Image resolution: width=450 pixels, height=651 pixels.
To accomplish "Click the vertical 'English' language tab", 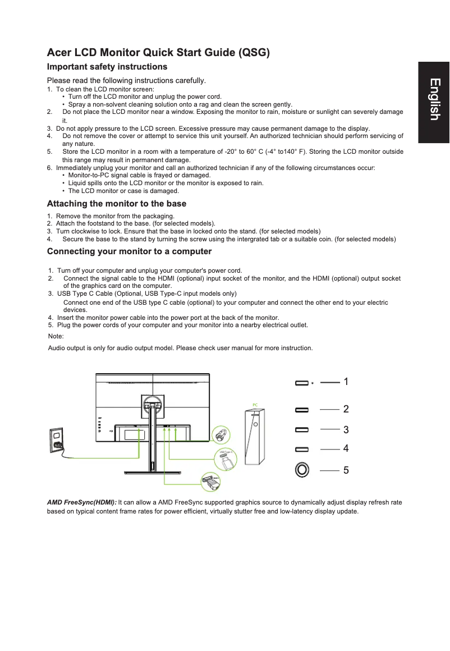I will tap(434, 99).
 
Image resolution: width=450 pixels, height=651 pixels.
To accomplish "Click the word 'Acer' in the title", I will tap(59, 53).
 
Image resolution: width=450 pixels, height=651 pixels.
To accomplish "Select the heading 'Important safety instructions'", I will tap(107, 67).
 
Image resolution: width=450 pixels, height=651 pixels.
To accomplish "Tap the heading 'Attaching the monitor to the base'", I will tap(117, 204).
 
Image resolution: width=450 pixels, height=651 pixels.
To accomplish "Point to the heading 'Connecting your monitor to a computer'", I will tap(129, 251).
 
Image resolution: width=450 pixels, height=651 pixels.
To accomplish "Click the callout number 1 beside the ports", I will tap(346, 382).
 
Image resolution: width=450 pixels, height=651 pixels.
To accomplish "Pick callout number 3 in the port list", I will tap(346, 430).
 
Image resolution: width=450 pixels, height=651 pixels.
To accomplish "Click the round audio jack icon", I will tap(302, 470).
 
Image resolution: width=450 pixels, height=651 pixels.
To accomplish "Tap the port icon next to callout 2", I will tap(302, 410).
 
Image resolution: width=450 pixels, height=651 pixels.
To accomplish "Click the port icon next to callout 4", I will tap(302, 450).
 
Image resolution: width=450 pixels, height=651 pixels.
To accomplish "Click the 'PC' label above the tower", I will tap(255, 405).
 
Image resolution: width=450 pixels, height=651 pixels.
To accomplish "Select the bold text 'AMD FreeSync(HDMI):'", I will tap(82, 502).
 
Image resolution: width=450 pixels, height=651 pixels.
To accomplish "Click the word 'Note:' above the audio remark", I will tap(56, 336).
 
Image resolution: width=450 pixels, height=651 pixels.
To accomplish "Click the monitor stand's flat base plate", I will tap(151, 471).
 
